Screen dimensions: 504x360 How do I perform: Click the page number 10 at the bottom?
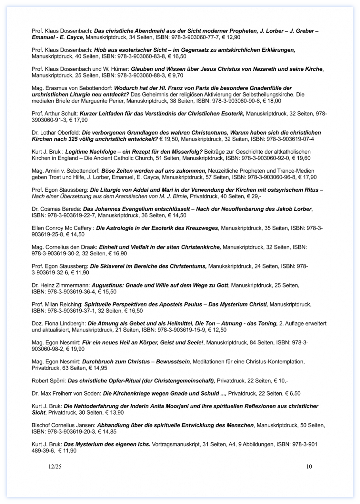(309, 467)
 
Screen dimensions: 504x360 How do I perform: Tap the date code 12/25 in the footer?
(55, 467)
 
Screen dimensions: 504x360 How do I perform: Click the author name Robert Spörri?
(49, 381)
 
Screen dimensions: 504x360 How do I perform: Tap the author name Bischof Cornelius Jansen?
(63, 425)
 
